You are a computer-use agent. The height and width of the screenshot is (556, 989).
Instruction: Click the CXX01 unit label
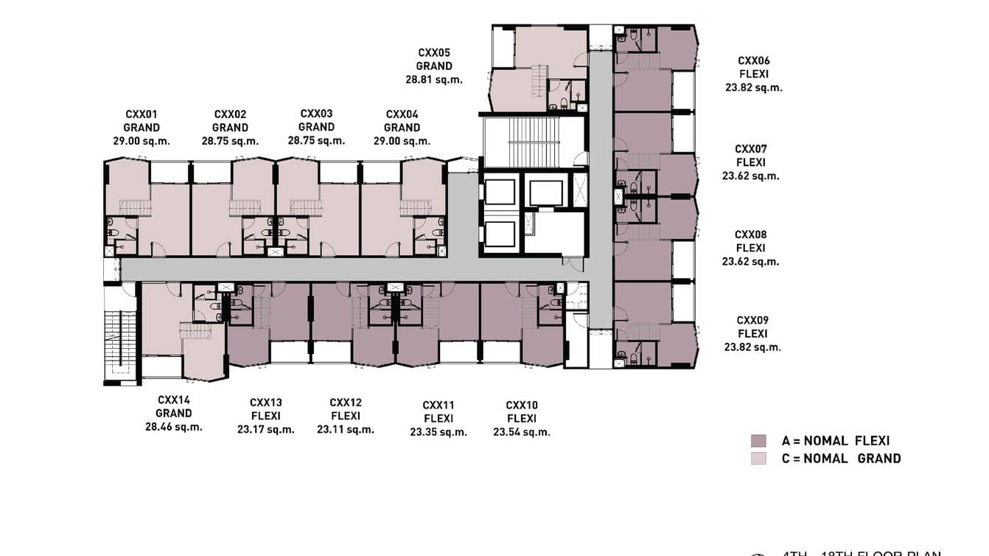tap(141, 114)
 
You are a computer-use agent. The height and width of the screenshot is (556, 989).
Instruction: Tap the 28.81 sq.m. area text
tap(434, 80)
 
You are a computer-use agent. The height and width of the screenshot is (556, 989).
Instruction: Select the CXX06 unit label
tap(754, 60)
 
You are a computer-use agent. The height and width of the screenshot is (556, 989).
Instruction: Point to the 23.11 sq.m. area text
tap(346, 429)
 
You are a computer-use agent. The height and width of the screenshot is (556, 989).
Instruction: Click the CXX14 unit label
tap(173, 400)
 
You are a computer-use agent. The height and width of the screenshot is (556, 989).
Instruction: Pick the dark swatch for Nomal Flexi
tap(758, 441)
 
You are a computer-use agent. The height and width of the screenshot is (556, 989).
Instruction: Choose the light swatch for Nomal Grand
tap(758, 458)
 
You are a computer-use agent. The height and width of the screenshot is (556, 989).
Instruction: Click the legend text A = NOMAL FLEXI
tap(836, 441)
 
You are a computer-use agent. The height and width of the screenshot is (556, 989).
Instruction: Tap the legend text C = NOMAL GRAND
tap(841, 458)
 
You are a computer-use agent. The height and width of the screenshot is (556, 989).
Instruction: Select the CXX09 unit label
tap(752, 320)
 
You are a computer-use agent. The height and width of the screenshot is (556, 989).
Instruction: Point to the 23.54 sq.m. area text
tap(522, 432)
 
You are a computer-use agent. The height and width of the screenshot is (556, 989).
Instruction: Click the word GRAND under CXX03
tap(316, 127)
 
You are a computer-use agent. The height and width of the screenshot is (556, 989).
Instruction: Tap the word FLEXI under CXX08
tap(750, 248)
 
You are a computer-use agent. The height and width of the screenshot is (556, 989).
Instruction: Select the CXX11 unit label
tap(438, 405)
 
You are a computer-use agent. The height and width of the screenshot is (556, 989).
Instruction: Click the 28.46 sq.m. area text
tap(173, 426)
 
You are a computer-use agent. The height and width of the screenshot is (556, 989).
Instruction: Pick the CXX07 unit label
tap(751, 149)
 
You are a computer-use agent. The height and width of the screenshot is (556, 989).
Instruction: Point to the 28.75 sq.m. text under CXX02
tap(230, 141)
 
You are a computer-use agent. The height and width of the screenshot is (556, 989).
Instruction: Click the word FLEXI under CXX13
tap(266, 416)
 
